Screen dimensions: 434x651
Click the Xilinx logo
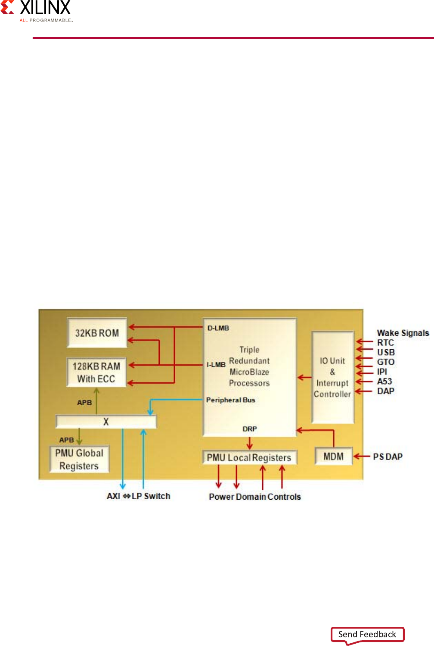pos(37,11)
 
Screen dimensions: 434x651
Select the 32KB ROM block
pos(97,333)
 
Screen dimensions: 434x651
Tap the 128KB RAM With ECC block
pos(96,372)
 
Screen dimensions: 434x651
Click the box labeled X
pos(106,422)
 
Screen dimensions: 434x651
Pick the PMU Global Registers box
pos(79,459)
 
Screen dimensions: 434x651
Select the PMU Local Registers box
pos(249,457)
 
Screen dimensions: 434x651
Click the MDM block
pos(334,456)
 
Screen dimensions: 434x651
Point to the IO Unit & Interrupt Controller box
pos(332,377)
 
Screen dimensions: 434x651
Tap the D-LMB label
pos(218,328)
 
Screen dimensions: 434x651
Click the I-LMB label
pos(216,365)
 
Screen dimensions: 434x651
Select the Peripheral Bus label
pos(231,400)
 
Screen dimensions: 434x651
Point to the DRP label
pos(250,429)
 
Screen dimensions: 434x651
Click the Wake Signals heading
pos(403,333)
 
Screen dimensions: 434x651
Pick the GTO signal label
pos(386,362)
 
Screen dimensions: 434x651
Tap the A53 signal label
pos(384,382)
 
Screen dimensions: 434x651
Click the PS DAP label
pos(387,457)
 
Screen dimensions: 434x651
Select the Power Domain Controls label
pos(255,497)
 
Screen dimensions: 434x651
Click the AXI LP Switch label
pos(139,496)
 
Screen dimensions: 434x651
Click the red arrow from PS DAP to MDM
pos(362,456)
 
